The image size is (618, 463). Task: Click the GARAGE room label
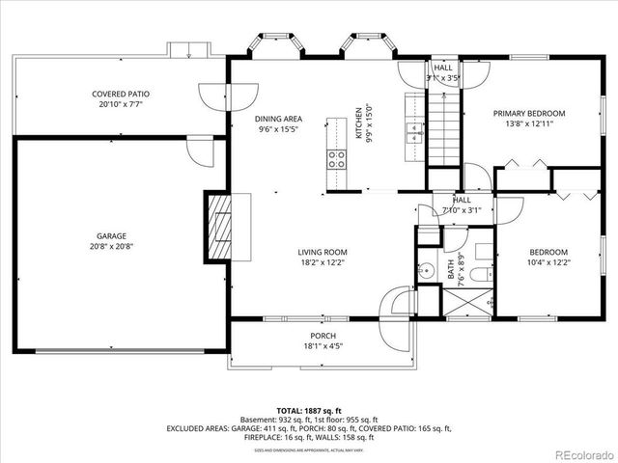click(111, 235)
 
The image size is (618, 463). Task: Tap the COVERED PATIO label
click(121, 94)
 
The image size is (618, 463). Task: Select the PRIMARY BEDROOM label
click(529, 113)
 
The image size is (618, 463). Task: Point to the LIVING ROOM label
click(322, 252)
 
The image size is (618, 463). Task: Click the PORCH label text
click(323, 336)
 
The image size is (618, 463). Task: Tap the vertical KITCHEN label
click(358, 123)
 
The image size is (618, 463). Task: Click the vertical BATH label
click(450, 267)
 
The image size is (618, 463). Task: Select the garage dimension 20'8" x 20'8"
click(111, 246)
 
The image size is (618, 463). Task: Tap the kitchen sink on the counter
click(413, 131)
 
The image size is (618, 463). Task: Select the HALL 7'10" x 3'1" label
click(462, 204)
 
